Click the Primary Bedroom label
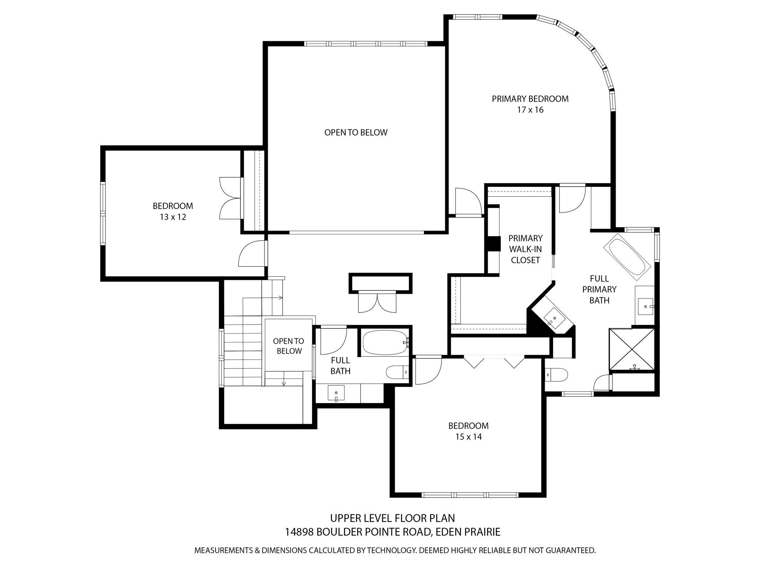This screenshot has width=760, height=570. [530, 99]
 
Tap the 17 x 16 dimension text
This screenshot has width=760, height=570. [530, 110]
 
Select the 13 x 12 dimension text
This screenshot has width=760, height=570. [173, 217]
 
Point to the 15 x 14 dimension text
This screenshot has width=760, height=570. [468, 437]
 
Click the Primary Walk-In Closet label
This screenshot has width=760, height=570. [525, 249]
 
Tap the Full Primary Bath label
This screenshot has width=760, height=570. [599, 289]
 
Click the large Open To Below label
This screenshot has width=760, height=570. [356, 133]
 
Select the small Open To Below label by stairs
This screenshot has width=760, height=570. [289, 346]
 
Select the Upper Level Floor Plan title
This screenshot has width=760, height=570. [393, 518]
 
